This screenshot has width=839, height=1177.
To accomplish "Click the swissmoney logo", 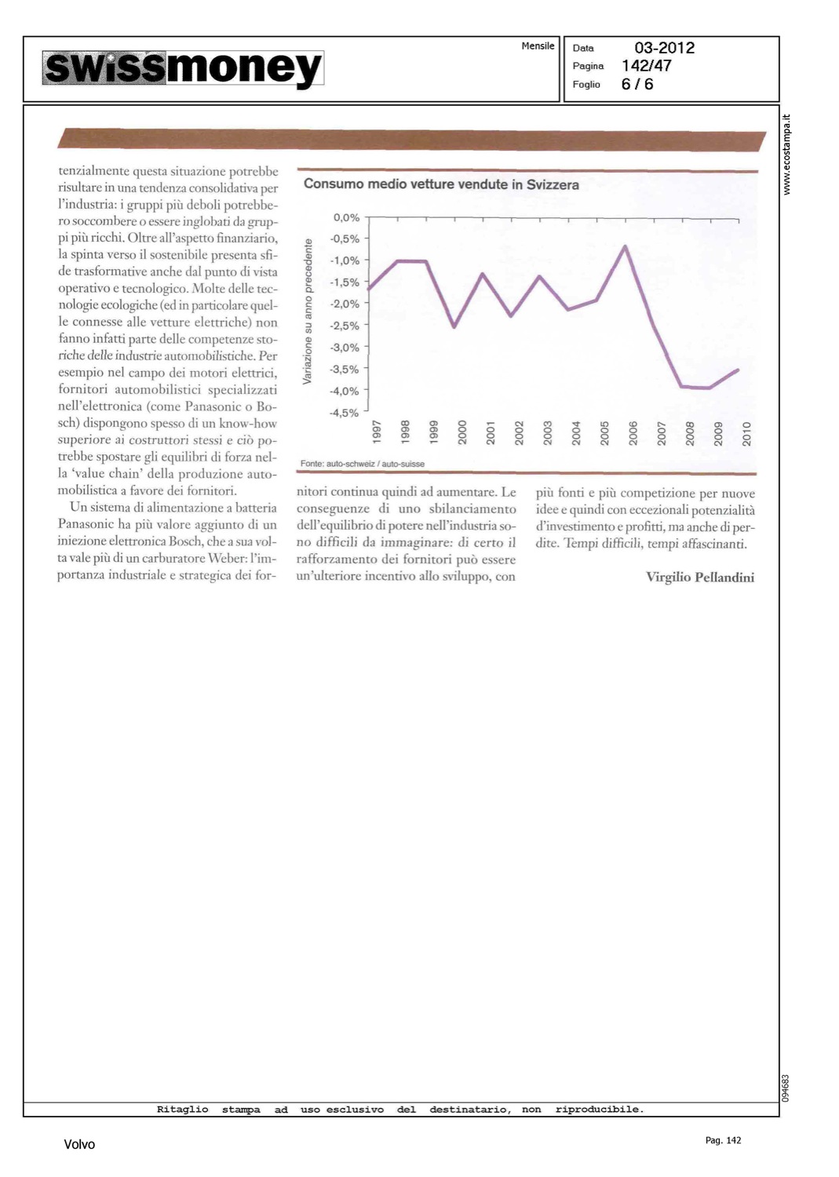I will (x=183, y=68).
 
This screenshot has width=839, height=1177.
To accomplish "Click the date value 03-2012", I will (x=664, y=48).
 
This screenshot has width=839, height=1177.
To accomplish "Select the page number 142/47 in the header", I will (x=646, y=66).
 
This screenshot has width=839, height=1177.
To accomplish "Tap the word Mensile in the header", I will (x=538, y=46).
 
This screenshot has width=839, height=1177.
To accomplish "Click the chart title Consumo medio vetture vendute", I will (x=441, y=184).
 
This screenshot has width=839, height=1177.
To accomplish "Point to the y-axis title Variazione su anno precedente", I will (x=308, y=312).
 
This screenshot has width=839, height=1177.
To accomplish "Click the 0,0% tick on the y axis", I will (x=346, y=217).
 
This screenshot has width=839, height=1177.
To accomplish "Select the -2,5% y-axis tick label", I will (x=345, y=326).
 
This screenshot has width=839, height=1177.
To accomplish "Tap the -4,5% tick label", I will (x=345, y=413).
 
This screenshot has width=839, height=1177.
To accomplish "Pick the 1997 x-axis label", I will (x=377, y=432).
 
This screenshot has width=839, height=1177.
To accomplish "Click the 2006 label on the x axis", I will (x=633, y=432).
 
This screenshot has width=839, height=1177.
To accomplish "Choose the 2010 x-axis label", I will (x=746, y=432).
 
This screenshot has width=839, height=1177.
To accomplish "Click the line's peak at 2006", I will (x=626, y=246).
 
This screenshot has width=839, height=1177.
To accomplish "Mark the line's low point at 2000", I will (x=454, y=326).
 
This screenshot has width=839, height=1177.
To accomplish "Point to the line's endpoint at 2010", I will (x=739, y=370).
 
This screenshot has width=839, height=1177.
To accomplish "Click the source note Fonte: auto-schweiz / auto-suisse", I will (x=362, y=464).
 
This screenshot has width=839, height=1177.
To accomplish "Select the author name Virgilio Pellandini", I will (x=700, y=578).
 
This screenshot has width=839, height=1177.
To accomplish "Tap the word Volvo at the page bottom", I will (x=79, y=1145).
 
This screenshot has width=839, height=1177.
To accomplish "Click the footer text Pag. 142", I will (x=723, y=1140).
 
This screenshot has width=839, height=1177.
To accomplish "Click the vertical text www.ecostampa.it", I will (x=787, y=155).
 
